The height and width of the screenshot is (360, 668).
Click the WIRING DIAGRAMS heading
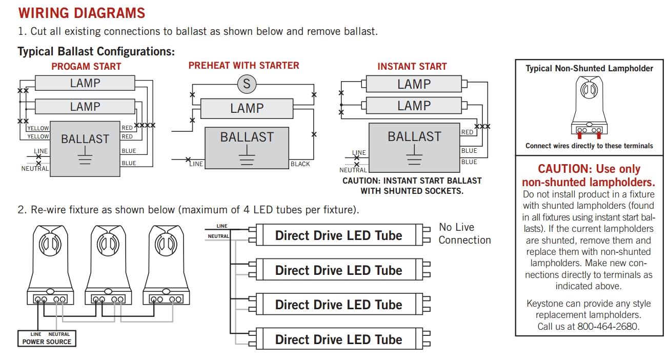(x=82, y=13)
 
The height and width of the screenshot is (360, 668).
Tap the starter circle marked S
(x=246, y=84)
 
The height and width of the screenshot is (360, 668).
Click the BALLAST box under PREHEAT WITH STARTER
(x=247, y=147)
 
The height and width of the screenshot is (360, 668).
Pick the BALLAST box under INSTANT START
(x=414, y=148)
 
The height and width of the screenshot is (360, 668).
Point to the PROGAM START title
(x=86, y=67)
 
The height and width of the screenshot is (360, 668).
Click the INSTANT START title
(x=412, y=67)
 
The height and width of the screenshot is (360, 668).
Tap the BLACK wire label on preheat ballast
(x=300, y=164)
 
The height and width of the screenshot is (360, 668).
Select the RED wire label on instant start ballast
(x=467, y=132)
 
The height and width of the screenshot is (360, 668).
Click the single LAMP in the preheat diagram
(x=247, y=109)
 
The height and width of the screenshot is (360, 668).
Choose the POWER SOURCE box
(x=47, y=338)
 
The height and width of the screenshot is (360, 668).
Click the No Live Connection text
(x=464, y=234)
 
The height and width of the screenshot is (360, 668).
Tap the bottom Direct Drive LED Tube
(x=339, y=339)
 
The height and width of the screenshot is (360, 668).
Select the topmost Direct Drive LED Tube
(x=339, y=235)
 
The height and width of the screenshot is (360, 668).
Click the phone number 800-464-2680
(x=608, y=327)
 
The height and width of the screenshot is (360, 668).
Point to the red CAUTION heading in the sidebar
(x=589, y=175)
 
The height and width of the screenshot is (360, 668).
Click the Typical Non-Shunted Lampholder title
(x=589, y=68)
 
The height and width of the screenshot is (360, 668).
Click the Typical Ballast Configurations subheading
(x=96, y=51)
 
